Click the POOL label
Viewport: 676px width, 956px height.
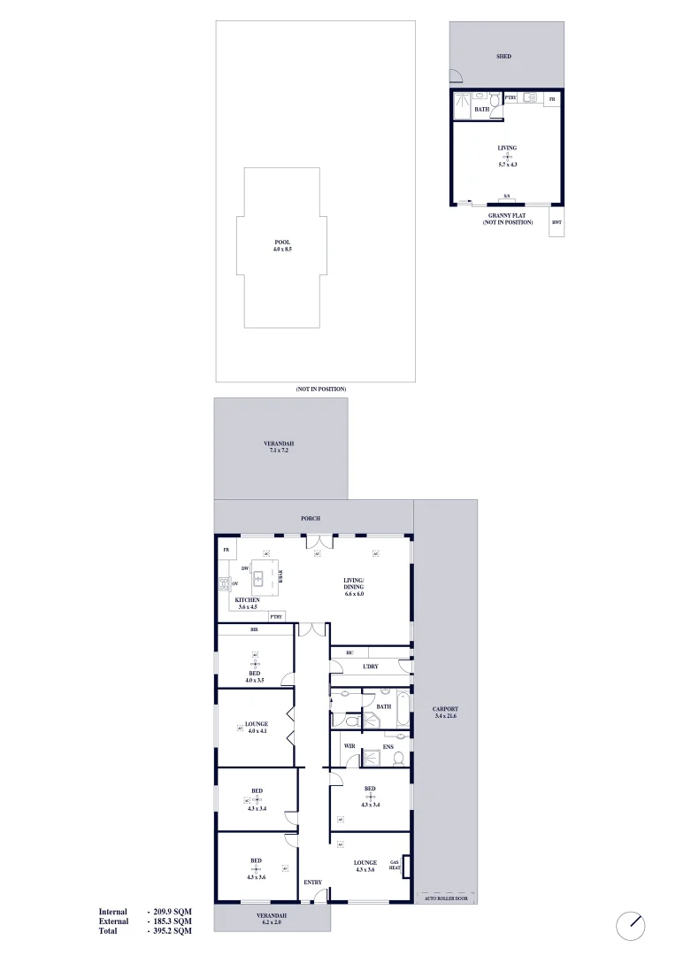[282, 242]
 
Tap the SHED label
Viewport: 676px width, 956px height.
[503, 57]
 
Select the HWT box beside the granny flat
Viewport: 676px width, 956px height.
[557, 222]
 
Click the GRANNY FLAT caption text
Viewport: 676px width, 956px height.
[508, 215]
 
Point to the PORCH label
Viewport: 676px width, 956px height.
[310, 518]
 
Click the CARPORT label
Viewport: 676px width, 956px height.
[444, 709]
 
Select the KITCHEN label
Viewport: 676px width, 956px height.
[248, 600]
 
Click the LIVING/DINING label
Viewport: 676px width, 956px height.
[355, 585]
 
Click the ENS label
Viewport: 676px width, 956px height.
[388, 747]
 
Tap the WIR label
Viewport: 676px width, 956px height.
[350, 747]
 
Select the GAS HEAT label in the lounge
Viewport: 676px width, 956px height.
[395, 865]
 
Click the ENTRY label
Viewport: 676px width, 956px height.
[312, 883]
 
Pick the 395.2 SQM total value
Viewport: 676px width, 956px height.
[169, 931]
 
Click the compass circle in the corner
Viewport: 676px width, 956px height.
[631, 925]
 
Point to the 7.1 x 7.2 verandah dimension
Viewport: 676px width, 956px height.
[279, 451]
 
